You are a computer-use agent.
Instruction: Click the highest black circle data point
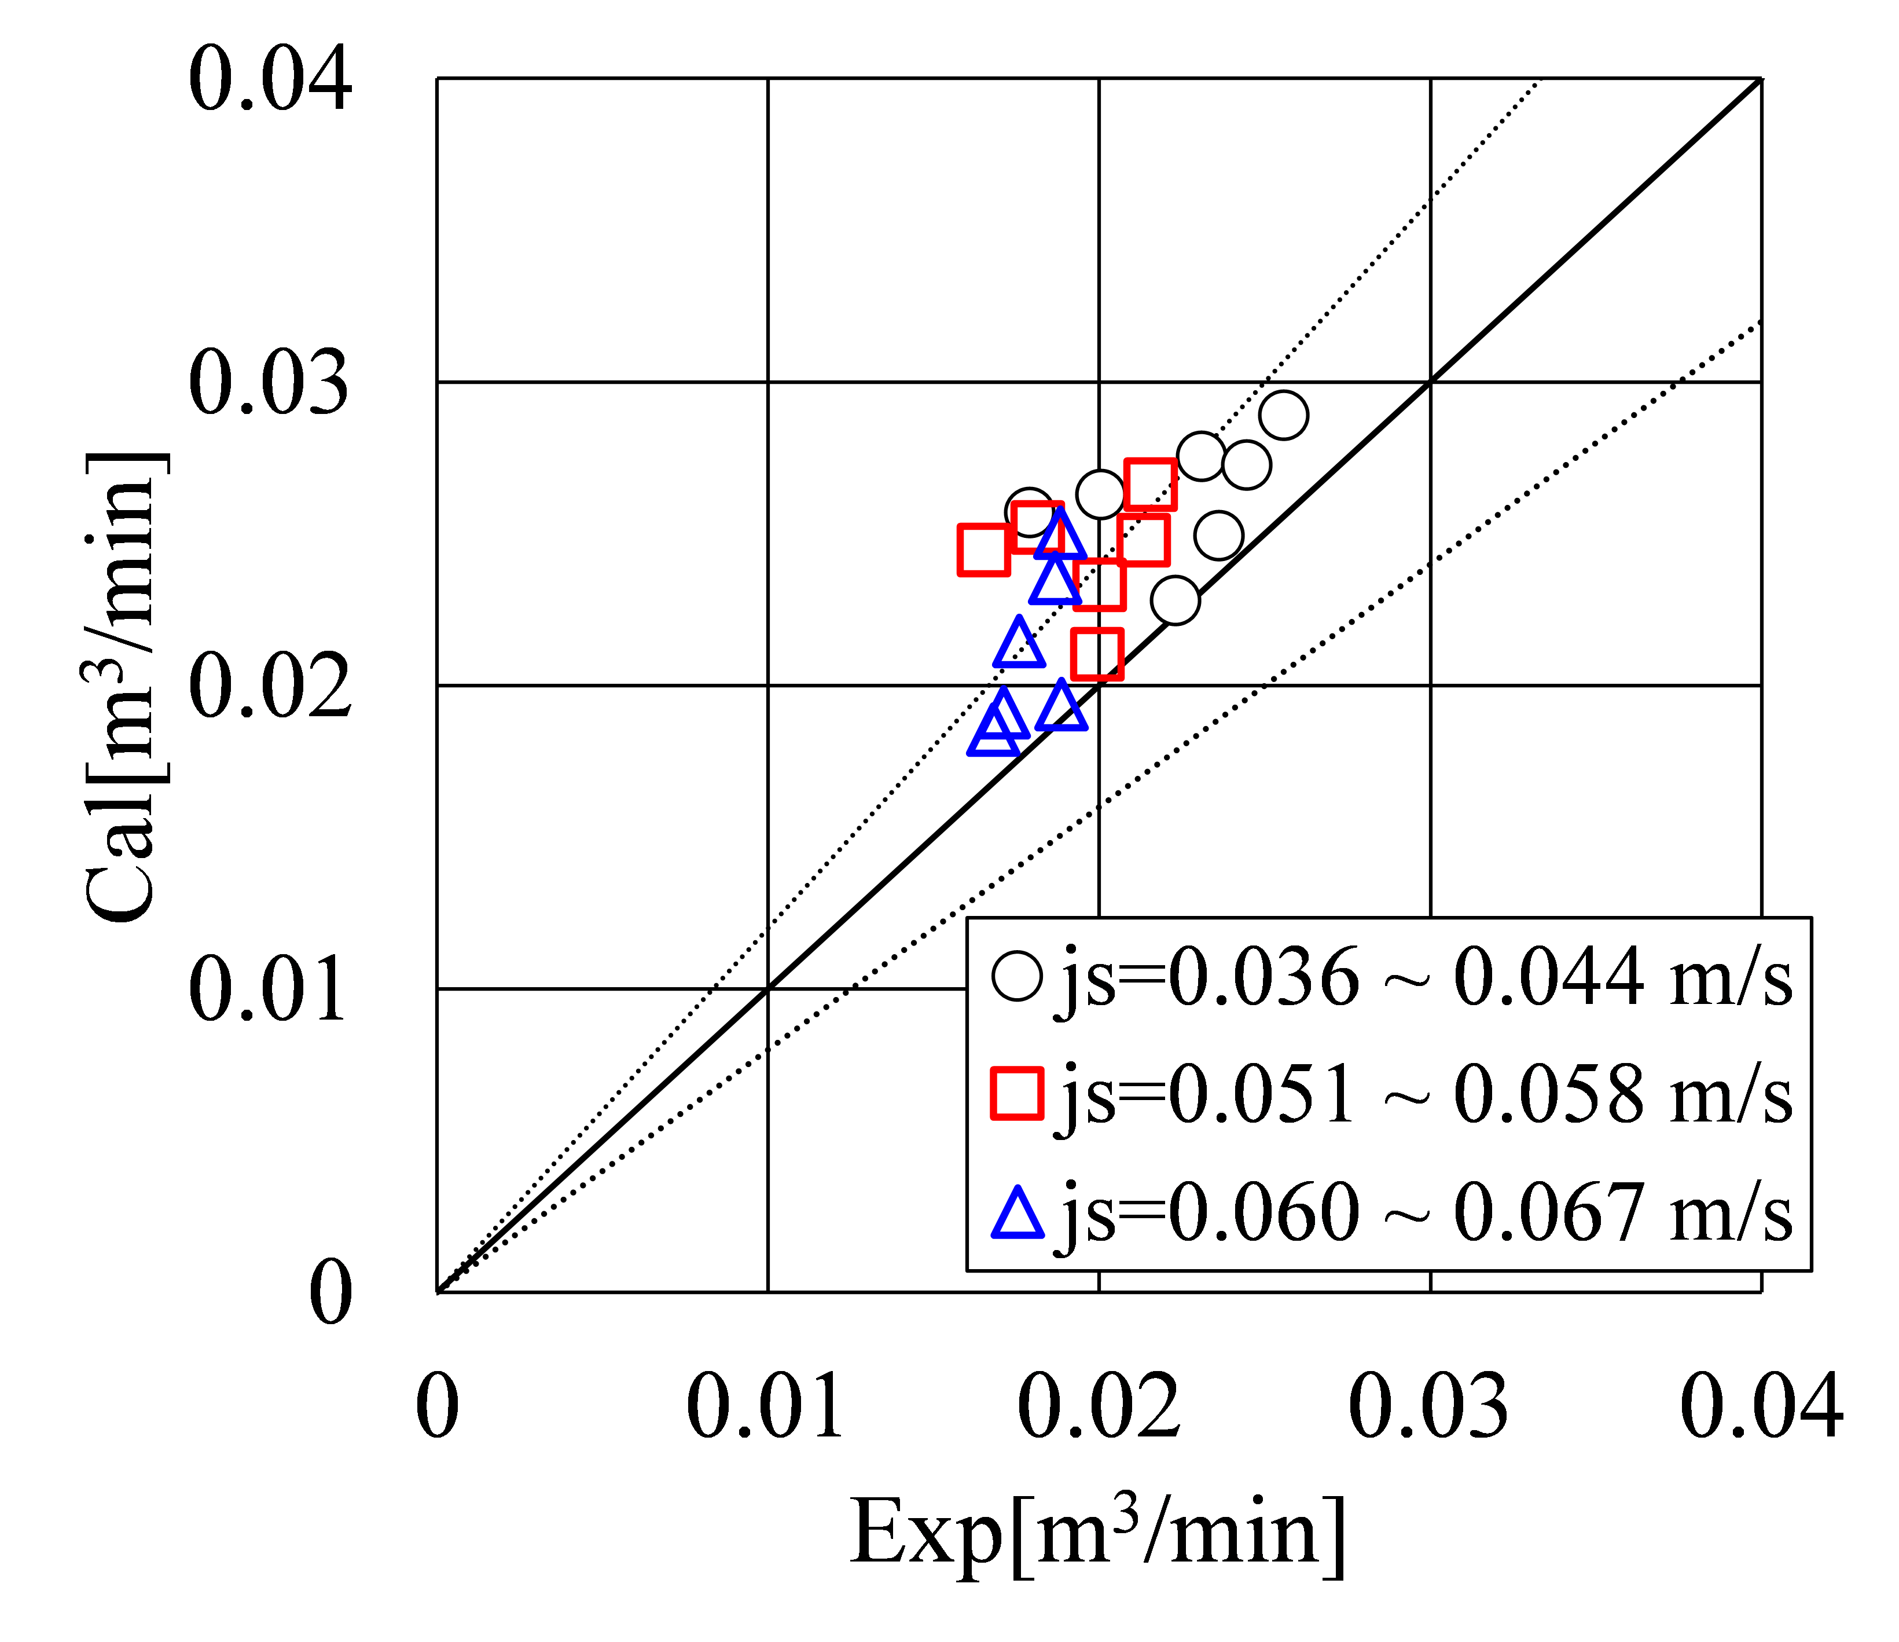click(1283, 415)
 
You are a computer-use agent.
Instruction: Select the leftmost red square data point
click(983, 550)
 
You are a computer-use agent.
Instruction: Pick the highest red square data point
click(1149, 484)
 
